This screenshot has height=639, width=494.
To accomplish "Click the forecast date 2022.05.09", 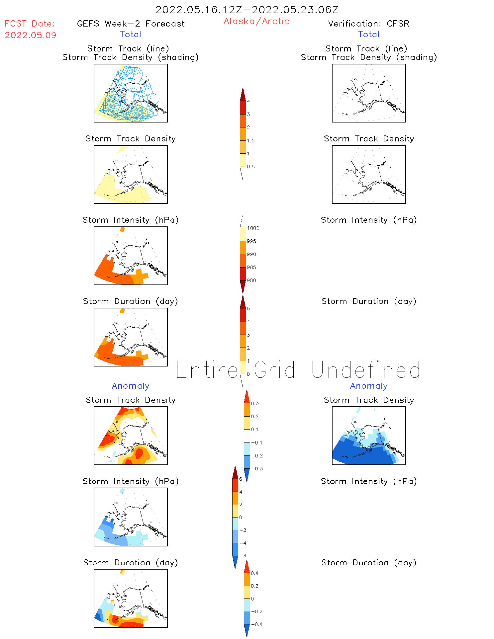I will pos(31,35).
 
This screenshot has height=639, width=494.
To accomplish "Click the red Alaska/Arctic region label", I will pos(256,21).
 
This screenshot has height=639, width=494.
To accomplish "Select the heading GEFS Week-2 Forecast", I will pos(131,24).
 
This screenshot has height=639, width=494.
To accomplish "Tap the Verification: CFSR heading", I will pos(368,24).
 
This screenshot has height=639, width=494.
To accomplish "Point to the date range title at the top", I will pos(247,10).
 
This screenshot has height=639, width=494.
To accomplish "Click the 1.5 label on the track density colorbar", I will pos(251,140).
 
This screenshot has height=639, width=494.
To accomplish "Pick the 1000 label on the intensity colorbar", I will pos(253,228).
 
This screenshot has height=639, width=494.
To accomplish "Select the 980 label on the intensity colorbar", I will pos(251,280).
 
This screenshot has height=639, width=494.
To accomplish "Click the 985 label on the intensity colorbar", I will pos(251,267).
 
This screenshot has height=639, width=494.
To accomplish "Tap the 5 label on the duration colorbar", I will pos(248,309).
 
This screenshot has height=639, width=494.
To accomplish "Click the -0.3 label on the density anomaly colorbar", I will pos(257,469).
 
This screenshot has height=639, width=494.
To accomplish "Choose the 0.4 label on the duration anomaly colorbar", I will pos(254,573).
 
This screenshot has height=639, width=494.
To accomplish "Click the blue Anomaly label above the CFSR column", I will pos(369,386).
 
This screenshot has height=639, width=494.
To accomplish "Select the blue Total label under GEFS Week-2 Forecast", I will pos(131,34).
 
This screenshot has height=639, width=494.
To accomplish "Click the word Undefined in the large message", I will pos(366,370).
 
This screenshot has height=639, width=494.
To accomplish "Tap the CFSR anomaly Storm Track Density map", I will pos(369,436).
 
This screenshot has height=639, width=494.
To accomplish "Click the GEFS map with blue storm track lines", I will pos(131,93).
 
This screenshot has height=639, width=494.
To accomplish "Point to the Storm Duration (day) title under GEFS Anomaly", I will pos(131,563).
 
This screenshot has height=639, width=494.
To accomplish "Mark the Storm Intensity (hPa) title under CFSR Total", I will pos(369,220).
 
